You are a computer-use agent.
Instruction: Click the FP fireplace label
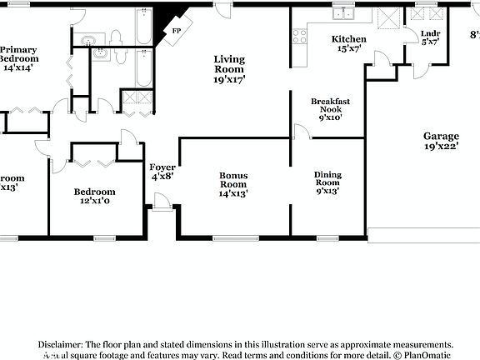tap(176, 31)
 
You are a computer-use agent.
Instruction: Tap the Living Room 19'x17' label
tap(228, 70)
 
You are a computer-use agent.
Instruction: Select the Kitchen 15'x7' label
tap(348, 44)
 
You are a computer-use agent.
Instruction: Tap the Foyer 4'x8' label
tap(162, 171)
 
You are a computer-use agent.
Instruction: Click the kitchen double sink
tap(343, 14)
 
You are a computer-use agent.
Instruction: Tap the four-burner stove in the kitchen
tap(299, 36)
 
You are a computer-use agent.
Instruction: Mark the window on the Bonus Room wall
tap(235, 238)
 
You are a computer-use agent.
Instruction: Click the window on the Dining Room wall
tap(327, 238)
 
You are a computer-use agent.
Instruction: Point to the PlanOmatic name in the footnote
tap(427, 355)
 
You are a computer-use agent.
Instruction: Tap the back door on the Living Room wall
tap(223, 9)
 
